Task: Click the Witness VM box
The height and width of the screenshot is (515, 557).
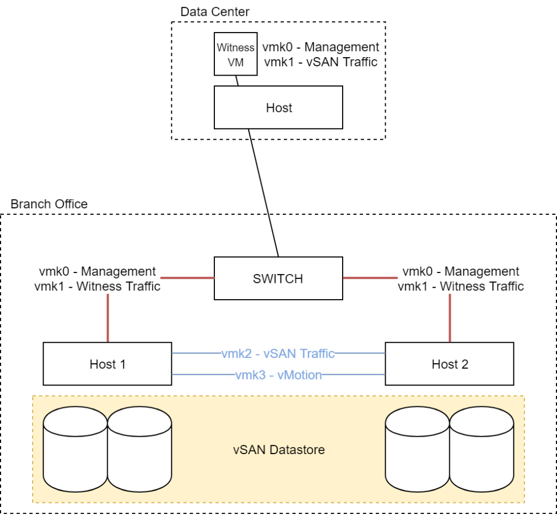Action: click(x=235, y=55)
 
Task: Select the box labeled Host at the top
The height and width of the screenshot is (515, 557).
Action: click(x=278, y=108)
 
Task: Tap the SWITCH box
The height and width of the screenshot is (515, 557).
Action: click(x=278, y=278)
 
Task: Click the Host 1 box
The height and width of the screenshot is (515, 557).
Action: click(x=107, y=364)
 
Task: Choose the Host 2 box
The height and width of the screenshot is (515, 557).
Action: click(x=449, y=364)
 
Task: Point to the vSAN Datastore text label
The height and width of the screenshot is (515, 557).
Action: click(x=278, y=450)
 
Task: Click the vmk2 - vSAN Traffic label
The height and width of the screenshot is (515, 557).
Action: click(x=278, y=353)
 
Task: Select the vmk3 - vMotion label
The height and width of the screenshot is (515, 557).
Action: click(x=278, y=375)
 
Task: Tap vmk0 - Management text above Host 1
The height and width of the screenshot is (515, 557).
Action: click(x=97, y=271)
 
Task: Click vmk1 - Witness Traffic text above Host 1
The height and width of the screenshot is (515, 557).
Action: click(x=97, y=286)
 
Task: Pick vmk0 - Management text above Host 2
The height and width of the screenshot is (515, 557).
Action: click(x=461, y=271)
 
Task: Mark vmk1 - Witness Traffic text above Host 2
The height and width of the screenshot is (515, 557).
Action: click(x=461, y=286)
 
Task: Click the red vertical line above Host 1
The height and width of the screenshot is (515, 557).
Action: click(x=107, y=318)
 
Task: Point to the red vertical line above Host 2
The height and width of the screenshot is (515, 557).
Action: click(x=449, y=318)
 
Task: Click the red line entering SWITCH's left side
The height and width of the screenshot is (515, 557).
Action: click(x=188, y=278)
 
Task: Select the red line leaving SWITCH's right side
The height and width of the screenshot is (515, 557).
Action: click(x=370, y=278)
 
